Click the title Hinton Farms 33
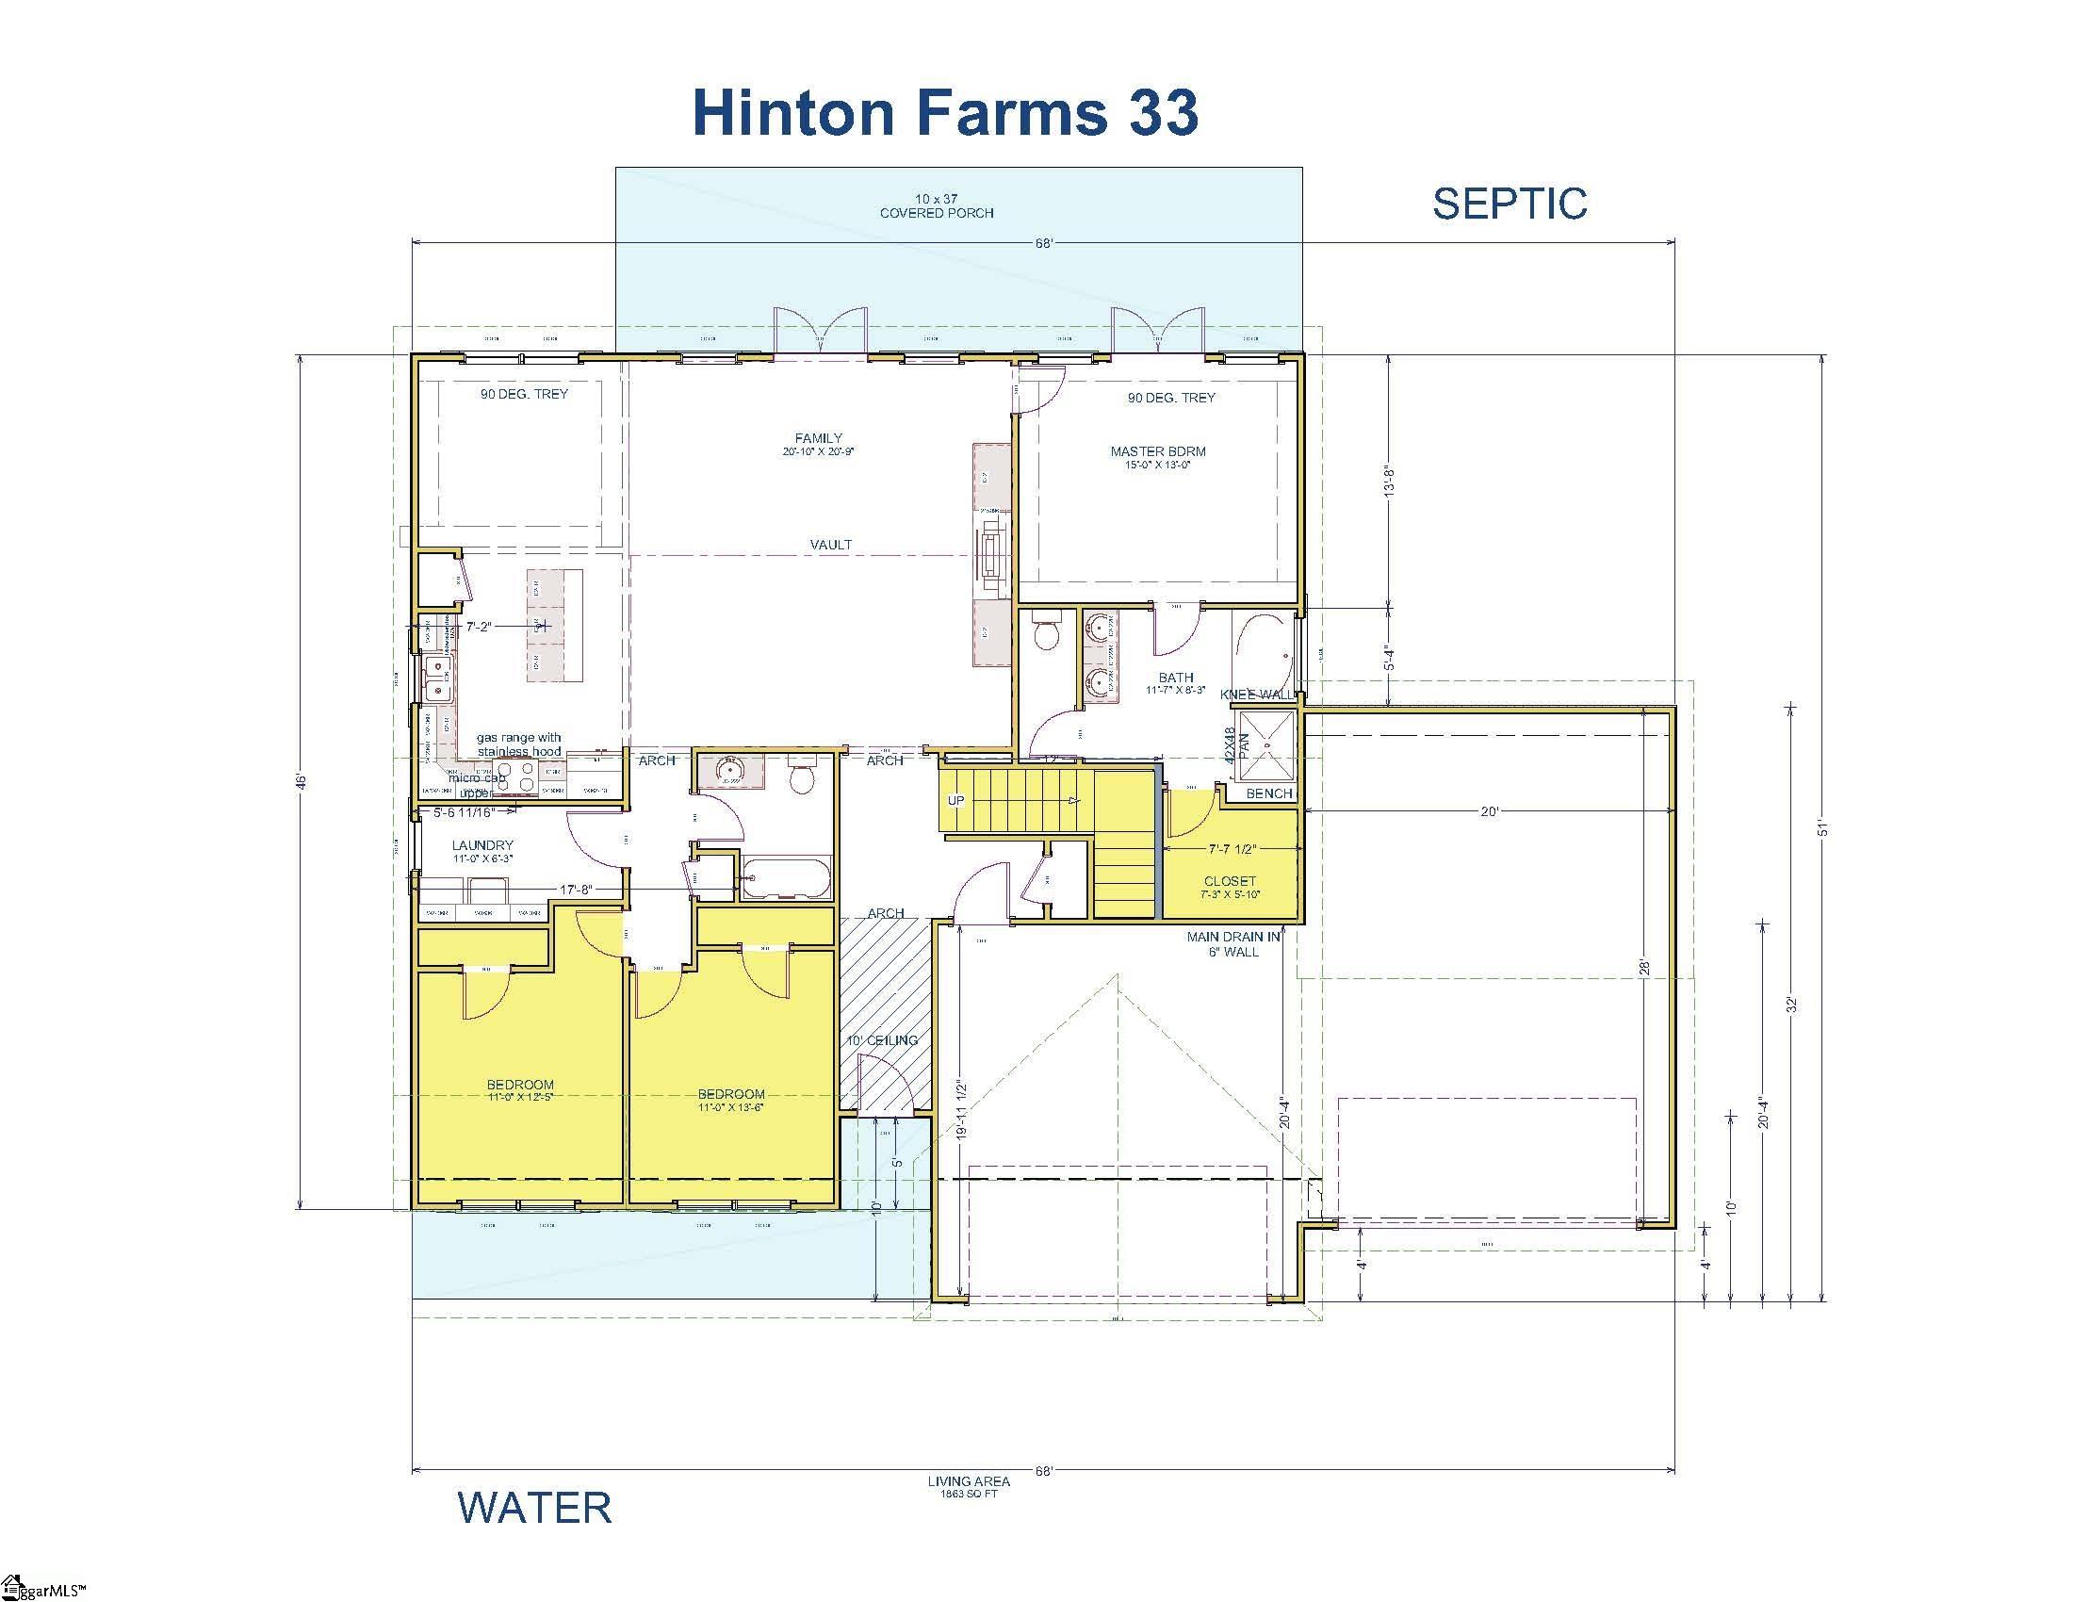tap(945, 112)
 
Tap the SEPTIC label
tap(1510, 204)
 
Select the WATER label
tap(534, 1508)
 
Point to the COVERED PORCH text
tap(936, 213)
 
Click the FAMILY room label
tap(818, 438)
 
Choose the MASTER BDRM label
tap(1158, 451)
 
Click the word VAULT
tap(830, 545)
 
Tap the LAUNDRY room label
tap(482, 844)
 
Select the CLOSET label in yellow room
tap(1229, 881)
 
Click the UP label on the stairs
tap(955, 800)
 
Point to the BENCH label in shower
tap(1269, 793)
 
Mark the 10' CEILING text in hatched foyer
tap(883, 1040)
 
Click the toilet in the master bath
tap(1046, 634)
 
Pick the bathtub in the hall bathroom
tap(786, 878)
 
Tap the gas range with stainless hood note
tap(518, 744)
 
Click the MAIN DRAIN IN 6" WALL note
tap(1233, 943)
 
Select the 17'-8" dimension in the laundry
tap(575, 890)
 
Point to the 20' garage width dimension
tap(1489, 811)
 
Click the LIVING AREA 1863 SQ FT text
tap(968, 1486)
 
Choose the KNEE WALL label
tap(1256, 695)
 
